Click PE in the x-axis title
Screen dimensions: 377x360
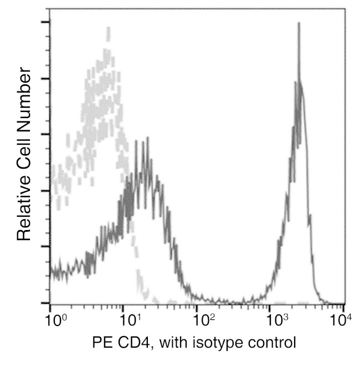click(x=101, y=343)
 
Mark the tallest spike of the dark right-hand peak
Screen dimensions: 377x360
click(x=299, y=23)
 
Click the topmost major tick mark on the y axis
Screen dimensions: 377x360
click(x=45, y=22)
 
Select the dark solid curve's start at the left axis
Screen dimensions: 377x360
click(x=52, y=271)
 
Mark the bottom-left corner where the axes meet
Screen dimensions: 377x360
click(x=50, y=303)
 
